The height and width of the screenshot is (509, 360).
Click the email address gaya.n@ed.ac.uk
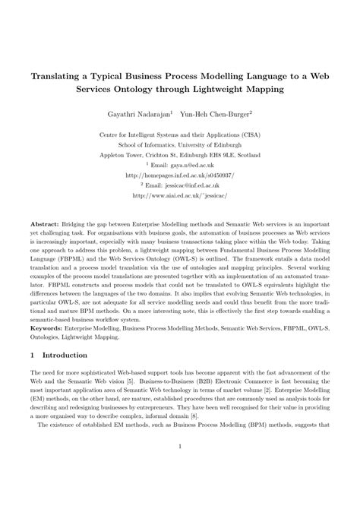pos(192,163)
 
